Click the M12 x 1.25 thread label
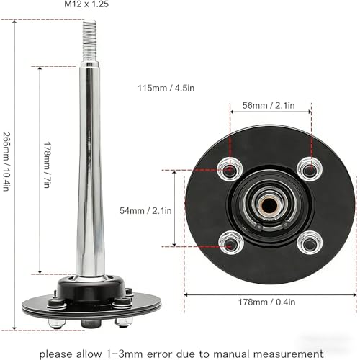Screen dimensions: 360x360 tap(86, 4)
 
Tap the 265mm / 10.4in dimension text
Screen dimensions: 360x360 tap(6, 162)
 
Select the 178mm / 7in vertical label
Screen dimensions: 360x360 tap(47, 165)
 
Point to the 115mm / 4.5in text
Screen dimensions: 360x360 tap(166, 88)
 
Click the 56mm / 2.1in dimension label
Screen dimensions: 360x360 tap(269, 105)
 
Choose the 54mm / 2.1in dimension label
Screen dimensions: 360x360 tap(145, 211)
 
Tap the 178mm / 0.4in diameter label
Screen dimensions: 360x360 tap(266, 302)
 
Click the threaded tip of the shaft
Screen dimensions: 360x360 tap(89, 41)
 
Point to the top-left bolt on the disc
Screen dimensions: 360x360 tap(230, 170)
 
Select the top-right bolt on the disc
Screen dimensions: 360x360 tap(310, 169)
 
